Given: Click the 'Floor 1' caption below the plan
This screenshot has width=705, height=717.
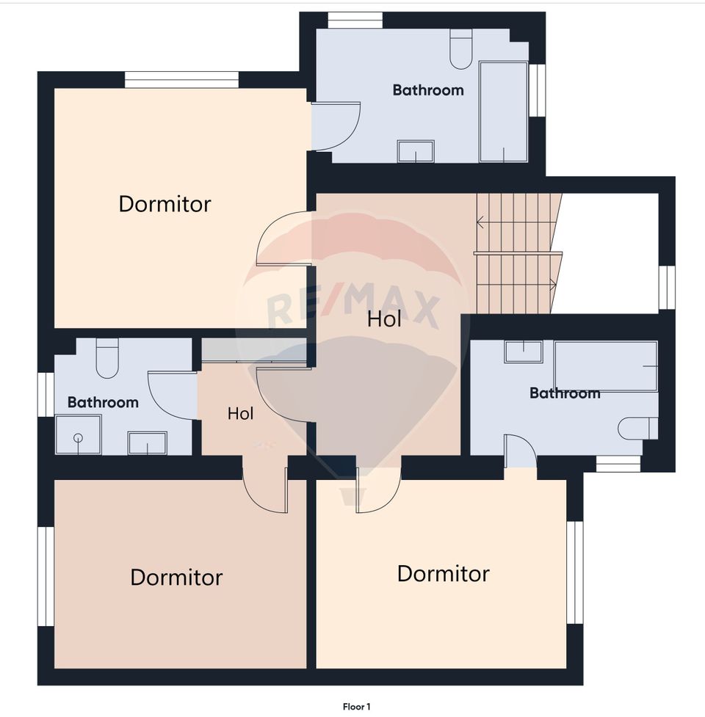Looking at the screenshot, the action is [x=356, y=707].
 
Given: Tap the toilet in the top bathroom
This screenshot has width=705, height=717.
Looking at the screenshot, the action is [x=460, y=49].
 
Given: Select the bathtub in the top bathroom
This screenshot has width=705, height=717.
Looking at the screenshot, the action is [x=503, y=112].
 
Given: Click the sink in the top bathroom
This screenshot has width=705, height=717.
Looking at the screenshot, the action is [x=416, y=151].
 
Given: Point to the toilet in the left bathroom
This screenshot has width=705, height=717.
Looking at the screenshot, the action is [x=107, y=358].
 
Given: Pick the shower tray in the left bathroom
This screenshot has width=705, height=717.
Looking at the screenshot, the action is [x=79, y=434].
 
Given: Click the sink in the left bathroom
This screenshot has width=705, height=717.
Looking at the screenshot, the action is [x=148, y=443].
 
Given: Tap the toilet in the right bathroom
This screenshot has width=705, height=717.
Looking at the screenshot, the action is [x=637, y=429].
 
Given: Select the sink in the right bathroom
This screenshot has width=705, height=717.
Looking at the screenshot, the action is [x=524, y=352].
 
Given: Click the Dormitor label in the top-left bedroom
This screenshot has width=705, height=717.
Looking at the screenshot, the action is [x=164, y=204].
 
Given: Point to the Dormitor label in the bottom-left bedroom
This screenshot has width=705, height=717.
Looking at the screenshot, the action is [x=176, y=577].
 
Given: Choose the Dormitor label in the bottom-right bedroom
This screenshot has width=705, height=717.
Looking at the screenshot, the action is [x=444, y=573].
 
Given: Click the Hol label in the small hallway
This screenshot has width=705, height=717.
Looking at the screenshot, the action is [x=241, y=413].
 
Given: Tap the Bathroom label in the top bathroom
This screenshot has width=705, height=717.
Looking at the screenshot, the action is [x=428, y=90].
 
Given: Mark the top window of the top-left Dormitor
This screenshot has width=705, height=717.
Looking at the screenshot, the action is [x=181, y=79].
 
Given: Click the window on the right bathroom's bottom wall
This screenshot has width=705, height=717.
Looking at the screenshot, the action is [x=618, y=464].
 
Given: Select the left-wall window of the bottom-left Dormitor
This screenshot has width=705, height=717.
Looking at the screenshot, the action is [x=46, y=576].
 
